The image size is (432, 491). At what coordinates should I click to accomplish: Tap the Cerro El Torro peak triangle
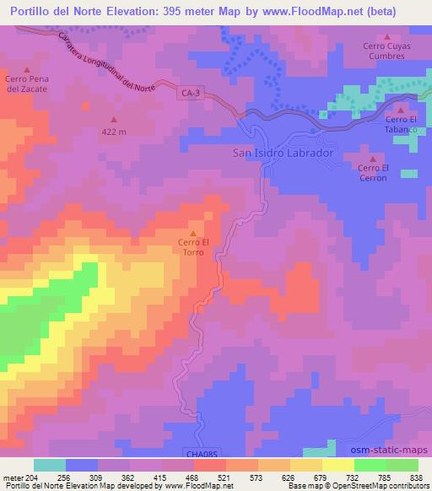(x=193, y=234)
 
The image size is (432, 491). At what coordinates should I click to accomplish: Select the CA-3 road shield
(x=191, y=94)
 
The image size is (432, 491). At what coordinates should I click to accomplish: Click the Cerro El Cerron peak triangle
(x=372, y=158)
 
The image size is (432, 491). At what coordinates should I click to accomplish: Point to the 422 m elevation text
(x=115, y=132)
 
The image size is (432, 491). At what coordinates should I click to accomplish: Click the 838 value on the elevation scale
(x=418, y=478)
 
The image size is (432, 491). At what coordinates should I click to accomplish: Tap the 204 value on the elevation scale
(x=31, y=478)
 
